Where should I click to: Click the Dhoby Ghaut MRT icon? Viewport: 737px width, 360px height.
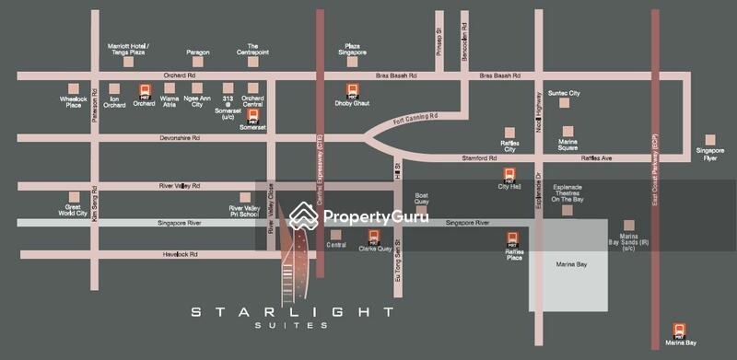352,90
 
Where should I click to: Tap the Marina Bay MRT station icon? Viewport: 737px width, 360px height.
680,329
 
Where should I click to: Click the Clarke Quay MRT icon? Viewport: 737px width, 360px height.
374,236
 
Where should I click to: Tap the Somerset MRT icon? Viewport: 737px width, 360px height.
252,115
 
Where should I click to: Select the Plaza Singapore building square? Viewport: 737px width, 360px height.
351,62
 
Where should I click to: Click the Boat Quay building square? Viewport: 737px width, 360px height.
422,183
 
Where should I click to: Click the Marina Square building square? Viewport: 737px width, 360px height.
567,131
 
